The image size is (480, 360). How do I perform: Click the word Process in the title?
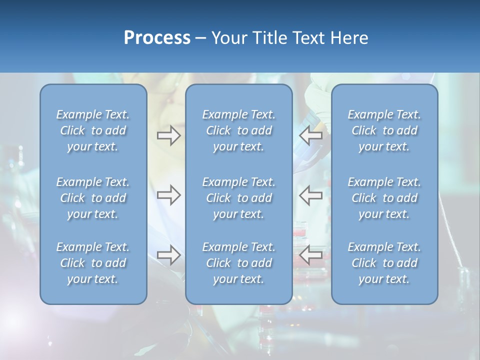click(x=157, y=38)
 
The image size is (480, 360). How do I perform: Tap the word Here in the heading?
click(x=348, y=38)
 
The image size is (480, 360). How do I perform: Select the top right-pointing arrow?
click(x=168, y=135)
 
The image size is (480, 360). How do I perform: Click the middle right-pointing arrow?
click(x=168, y=195)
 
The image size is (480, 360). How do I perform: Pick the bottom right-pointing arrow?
click(x=168, y=255)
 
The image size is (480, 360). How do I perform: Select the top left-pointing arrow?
click(x=311, y=135)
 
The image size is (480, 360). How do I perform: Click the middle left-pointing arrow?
click(x=311, y=195)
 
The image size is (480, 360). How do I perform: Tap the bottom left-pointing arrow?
click(x=311, y=255)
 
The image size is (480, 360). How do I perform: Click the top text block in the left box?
click(x=93, y=130)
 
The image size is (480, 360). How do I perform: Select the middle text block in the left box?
click(x=93, y=198)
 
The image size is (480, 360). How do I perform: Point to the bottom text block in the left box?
click(x=93, y=263)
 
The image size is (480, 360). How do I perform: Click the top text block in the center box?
click(x=238, y=130)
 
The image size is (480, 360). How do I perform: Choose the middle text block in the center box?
click(x=238, y=198)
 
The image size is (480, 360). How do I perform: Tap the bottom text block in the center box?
click(x=238, y=263)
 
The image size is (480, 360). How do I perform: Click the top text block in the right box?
click(x=384, y=130)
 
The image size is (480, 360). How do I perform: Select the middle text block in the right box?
click(x=384, y=198)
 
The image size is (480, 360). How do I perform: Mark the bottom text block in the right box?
click(x=384, y=263)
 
